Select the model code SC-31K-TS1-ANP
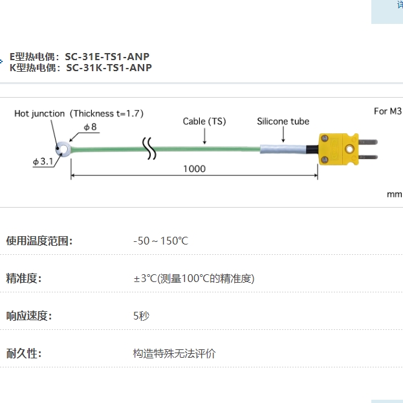click(x=109, y=67)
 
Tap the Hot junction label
click(x=39, y=114)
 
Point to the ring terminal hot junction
click(x=65, y=150)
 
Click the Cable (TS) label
click(x=204, y=121)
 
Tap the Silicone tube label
click(x=283, y=121)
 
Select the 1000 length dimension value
click(x=193, y=169)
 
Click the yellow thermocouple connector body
click(x=338, y=150)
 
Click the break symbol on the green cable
click(x=150, y=149)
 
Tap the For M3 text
click(x=387, y=111)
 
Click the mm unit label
click(x=394, y=194)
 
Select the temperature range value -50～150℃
click(x=160, y=241)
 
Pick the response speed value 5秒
click(x=141, y=316)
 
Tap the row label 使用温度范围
click(x=39, y=241)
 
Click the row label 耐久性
click(x=24, y=354)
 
